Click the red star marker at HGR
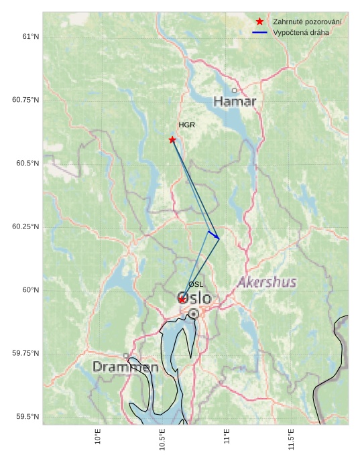point(172,139)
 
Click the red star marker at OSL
point(182,300)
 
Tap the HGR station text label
point(186,125)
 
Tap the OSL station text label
point(196,285)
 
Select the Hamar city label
point(235,102)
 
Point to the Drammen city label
point(125,367)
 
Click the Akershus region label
point(267,283)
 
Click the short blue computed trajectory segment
point(213,235)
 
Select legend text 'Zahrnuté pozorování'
point(307,22)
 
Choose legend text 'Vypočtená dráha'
point(301,32)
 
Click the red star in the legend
point(260,22)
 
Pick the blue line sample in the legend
point(260,32)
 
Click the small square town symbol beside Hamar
point(234,90)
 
